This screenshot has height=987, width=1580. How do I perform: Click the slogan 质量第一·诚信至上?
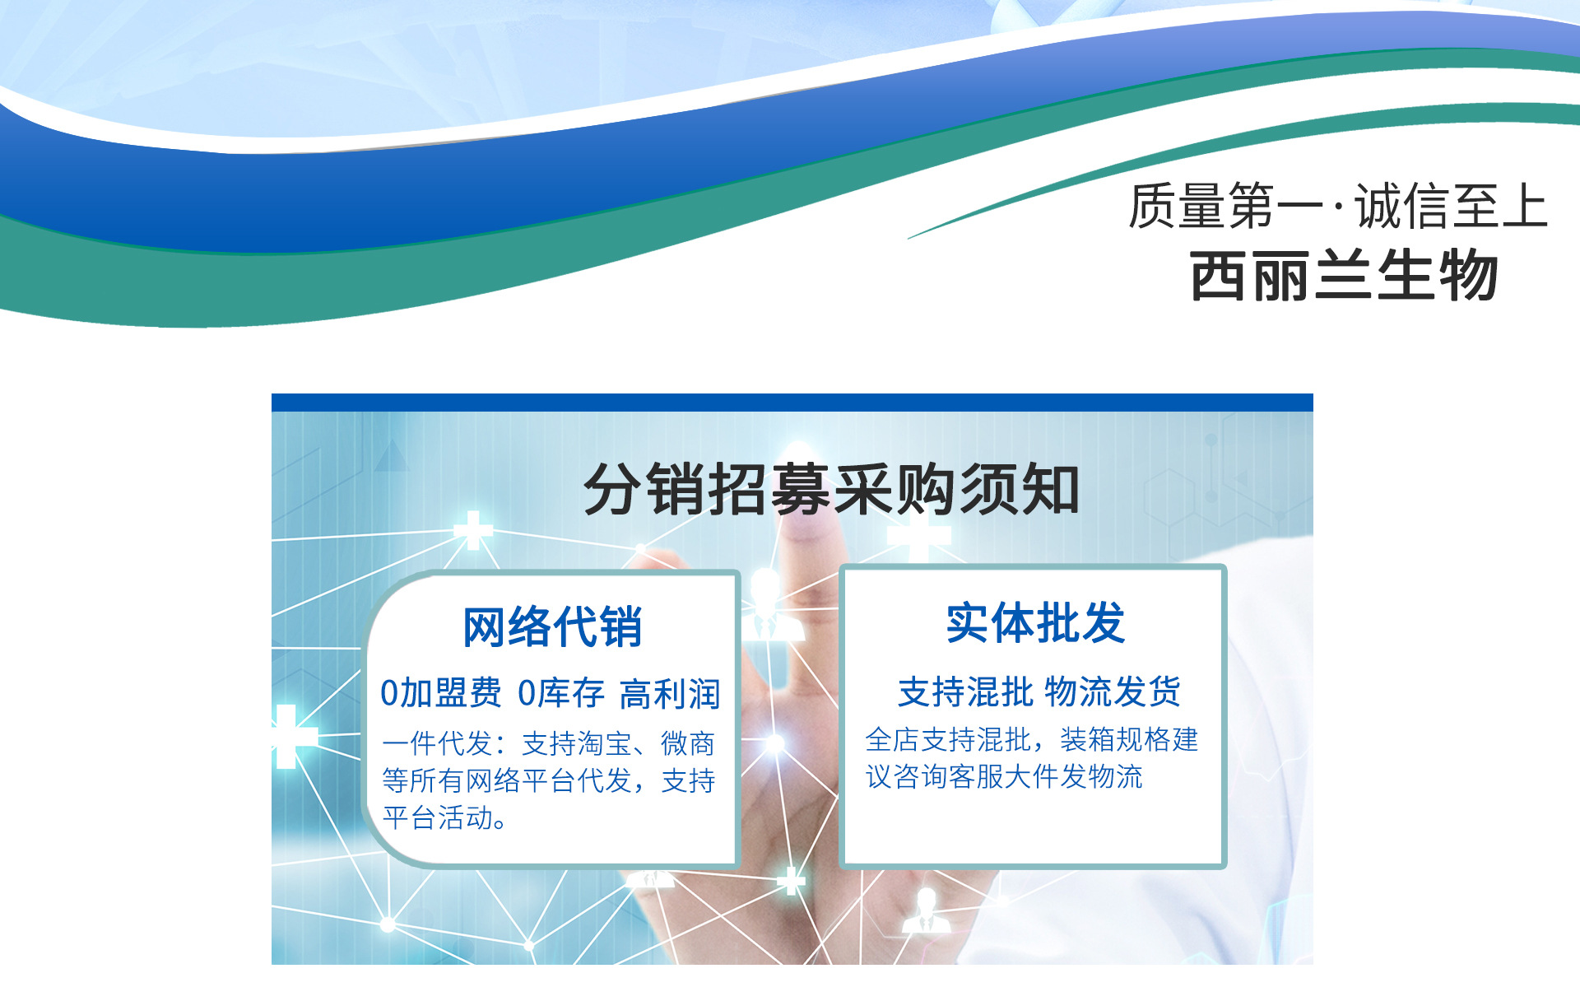coord(1338,206)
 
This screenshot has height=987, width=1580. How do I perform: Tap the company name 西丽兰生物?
coord(1344,275)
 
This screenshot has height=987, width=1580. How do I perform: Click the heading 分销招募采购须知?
coord(831,489)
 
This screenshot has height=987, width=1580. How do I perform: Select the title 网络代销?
coord(552,627)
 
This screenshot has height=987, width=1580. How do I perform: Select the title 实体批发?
coord(1035,623)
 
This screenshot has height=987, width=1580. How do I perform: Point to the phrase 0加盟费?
coord(440,693)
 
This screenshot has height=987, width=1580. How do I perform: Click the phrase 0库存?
coord(561,693)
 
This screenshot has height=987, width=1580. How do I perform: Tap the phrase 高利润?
coord(670,694)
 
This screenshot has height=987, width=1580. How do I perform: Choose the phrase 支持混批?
coord(965,691)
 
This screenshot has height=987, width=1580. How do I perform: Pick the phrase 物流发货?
coord(1113,691)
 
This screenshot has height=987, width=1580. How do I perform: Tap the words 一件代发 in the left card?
coord(437,743)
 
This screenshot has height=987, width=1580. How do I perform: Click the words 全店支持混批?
coord(948,739)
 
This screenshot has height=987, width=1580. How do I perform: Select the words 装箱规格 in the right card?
coord(1115,739)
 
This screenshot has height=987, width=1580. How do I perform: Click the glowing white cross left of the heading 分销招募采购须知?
coord(473,530)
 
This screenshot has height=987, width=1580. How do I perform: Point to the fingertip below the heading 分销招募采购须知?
coord(810,533)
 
